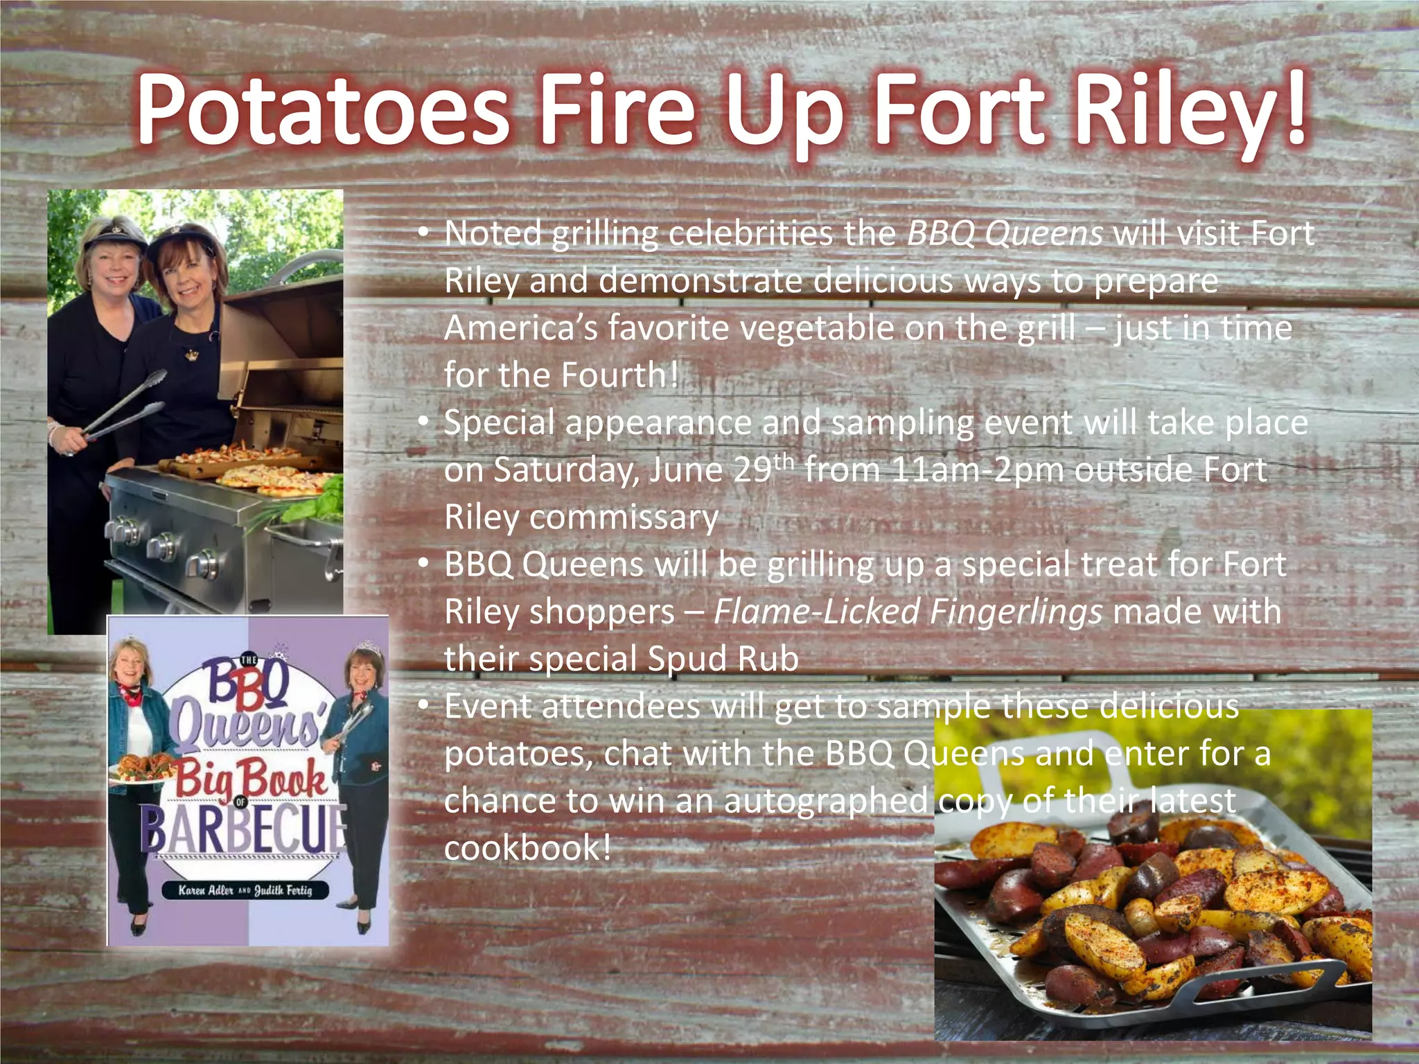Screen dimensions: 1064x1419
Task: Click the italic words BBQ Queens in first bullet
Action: point(1004,233)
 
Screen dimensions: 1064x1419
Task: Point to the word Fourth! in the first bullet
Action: point(619,375)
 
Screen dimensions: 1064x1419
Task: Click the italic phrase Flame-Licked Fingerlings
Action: point(908,612)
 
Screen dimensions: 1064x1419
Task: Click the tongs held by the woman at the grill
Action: point(125,409)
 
